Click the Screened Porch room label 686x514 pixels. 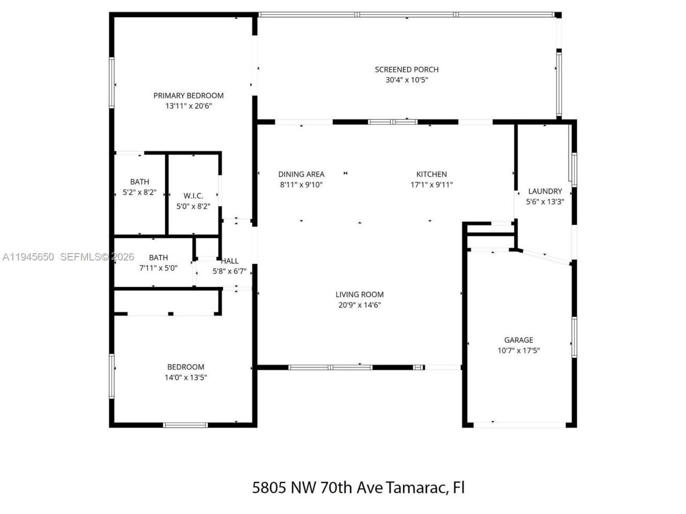406,69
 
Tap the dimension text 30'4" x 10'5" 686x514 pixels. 406,80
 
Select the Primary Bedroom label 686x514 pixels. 188,95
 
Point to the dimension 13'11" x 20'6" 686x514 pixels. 188,106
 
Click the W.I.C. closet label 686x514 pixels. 193,195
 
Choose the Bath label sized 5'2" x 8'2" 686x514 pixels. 139,182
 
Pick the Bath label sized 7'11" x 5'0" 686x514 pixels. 158,258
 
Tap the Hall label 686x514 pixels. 230,261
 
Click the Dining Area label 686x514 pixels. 301,174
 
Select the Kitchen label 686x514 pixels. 431,174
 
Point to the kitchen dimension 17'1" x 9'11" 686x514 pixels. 431,185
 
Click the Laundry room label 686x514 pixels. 545,191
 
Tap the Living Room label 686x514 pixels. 359,294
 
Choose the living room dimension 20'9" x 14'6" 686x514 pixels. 359,305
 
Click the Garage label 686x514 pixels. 518,340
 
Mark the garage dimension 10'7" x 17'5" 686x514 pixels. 518,351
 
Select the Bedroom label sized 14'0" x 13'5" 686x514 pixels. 185,367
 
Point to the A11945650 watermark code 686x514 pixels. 28,257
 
